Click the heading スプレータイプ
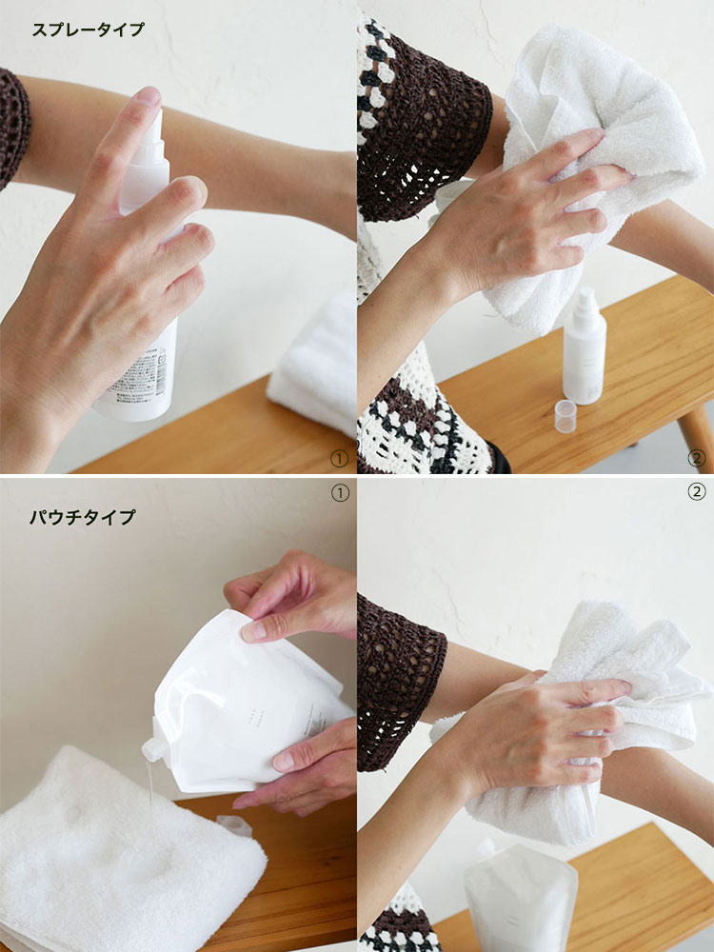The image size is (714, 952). coord(89,30)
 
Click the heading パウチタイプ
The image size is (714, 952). coord(82,518)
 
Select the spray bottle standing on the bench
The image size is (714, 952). coord(584,347)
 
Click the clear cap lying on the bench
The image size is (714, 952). coord(565,416)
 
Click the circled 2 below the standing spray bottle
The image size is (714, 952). coord(696,459)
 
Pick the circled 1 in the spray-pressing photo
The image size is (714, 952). coord(339,459)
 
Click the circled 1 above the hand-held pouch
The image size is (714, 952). coord(339,492)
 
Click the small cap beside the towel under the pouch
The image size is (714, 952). coord(233,825)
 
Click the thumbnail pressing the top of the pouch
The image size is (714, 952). coord(253,629)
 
